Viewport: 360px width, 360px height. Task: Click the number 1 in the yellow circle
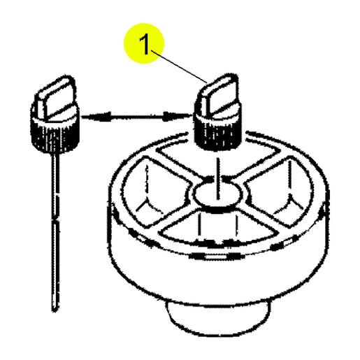click(145, 44)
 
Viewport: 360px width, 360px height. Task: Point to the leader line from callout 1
click(179, 66)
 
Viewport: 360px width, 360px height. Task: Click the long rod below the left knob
click(55, 232)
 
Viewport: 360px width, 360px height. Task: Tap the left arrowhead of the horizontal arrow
click(96, 116)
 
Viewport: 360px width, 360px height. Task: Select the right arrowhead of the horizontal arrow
click(177, 116)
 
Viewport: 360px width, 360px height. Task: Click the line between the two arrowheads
click(137, 116)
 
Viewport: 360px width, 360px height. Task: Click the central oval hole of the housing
click(219, 194)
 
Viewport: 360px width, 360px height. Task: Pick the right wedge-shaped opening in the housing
click(286, 192)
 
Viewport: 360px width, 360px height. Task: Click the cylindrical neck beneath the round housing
click(217, 317)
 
